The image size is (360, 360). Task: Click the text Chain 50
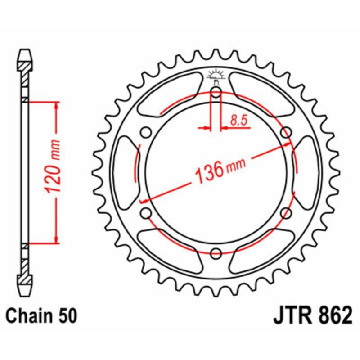point(40,316)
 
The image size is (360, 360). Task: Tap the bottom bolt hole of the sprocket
point(216,252)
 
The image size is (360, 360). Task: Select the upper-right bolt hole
point(285,133)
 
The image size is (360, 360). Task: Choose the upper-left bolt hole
point(146,133)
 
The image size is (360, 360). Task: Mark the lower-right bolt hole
point(285,213)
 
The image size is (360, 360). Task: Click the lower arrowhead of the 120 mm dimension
point(56,239)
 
